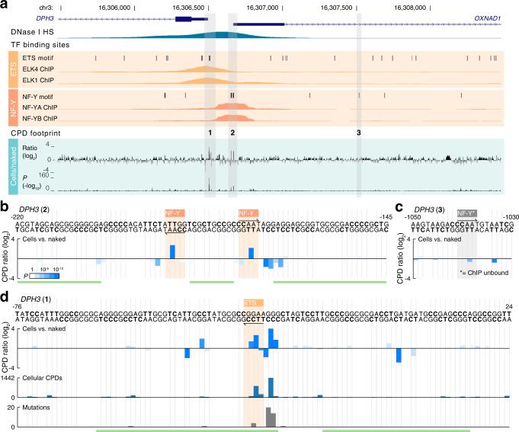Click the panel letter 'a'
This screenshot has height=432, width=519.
pos(5,6)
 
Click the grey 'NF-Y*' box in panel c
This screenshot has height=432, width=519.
pos(465,215)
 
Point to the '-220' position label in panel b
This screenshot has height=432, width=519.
pos(16,216)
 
